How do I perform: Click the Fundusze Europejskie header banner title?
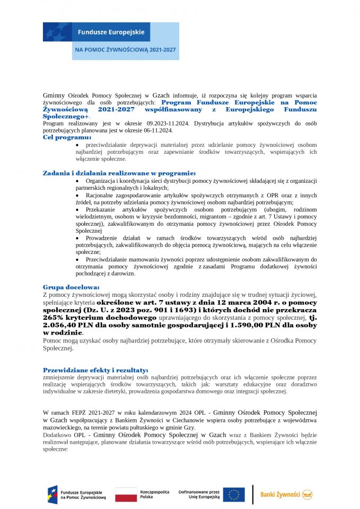(x=111, y=32)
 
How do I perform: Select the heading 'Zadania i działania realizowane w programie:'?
(x=119, y=173)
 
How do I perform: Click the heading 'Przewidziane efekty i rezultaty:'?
(x=95, y=370)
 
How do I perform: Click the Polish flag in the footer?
(x=126, y=495)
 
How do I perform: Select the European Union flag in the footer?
(x=233, y=495)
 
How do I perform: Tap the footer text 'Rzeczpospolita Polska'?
(x=152, y=495)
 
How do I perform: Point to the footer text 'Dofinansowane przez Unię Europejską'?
(x=199, y=495)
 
